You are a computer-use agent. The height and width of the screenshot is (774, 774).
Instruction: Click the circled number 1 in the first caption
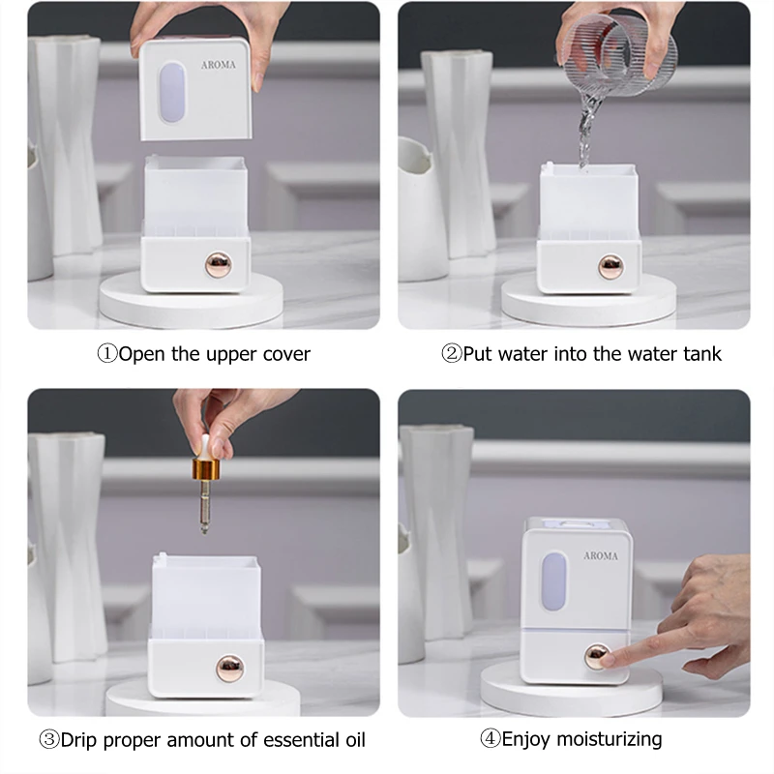coord(107,354)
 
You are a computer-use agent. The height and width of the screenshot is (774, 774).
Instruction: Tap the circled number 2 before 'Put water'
coord(451,354)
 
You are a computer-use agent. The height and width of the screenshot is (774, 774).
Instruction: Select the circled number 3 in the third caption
coord(49,740)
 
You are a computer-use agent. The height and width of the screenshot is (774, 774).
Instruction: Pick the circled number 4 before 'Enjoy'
coord(491,739)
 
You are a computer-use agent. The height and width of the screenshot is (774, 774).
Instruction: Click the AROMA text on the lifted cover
coord(219,65)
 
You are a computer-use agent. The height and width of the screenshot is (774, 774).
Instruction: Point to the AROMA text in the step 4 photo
coord(601,555)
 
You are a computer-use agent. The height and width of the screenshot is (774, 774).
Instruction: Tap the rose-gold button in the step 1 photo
coord(219,264)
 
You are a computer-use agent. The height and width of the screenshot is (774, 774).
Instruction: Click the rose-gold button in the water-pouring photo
coord(610,267)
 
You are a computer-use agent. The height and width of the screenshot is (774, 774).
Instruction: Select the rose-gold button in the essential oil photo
coord(230,669)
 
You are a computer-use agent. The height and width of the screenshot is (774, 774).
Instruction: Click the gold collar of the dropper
coord(206,469)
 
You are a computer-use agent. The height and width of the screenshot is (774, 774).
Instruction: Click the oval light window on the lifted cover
coord(172,92)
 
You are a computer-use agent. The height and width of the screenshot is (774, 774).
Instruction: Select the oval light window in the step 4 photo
coord(554,581)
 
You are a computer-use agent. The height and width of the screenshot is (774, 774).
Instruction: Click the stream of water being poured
coord(587,130)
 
